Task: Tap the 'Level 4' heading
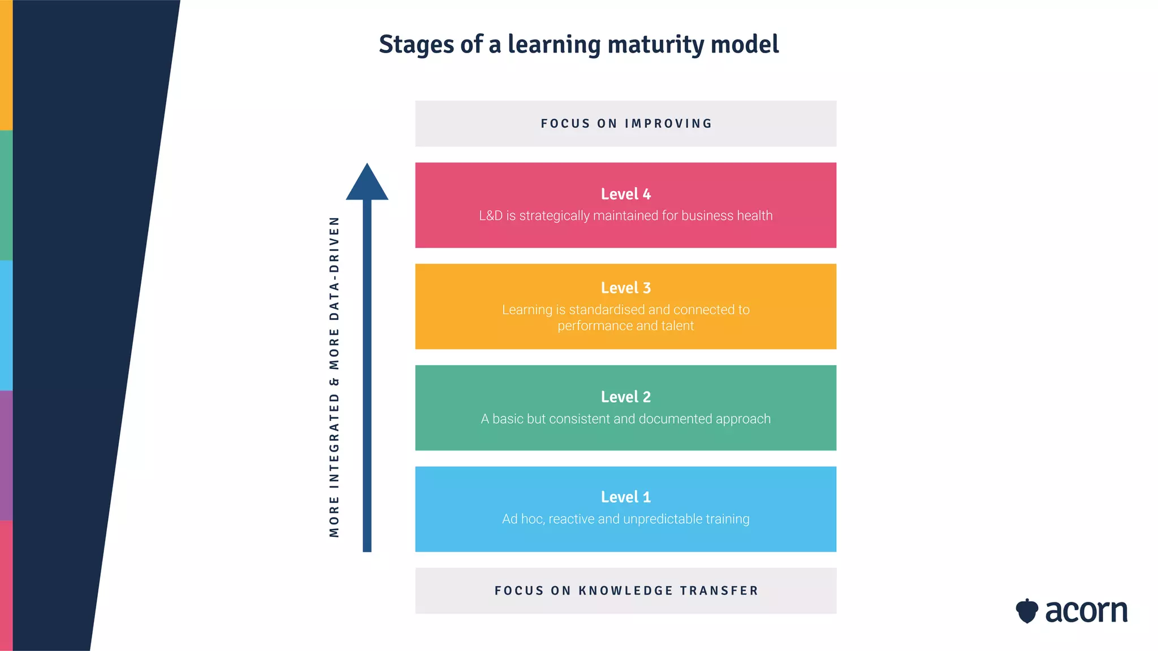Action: click(x=625, y=194)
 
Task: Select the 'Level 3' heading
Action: click(x=625, y=288)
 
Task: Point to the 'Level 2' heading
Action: click(x=625, y=397)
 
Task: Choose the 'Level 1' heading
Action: click(x=625, y=497)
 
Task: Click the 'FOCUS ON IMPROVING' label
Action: click(x=626, y=124)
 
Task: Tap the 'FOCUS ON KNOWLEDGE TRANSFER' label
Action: click(x=626, y=591)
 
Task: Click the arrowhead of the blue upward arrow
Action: click(x=367, y=183)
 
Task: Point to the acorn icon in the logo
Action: click(x=1027, y=611)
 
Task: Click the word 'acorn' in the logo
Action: click(x=1086, y=611)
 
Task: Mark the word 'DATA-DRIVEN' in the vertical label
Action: click(x=334, y=268)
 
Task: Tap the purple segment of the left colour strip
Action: click(x=6, y=455)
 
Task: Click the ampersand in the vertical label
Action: click(x=334, y=382)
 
